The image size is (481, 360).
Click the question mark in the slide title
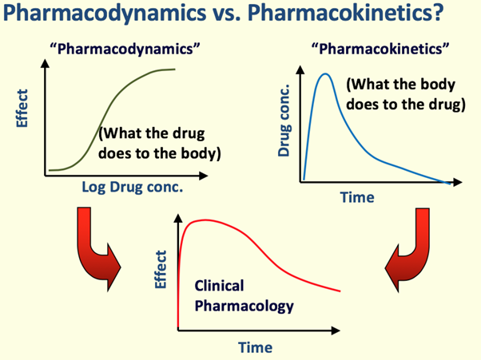(436, 12)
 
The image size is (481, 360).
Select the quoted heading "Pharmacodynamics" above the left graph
(125, 49)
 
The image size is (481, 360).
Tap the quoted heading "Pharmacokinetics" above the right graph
(380, 49)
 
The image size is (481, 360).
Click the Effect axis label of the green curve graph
(22, 108)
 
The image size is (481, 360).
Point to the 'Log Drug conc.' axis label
(132, 188)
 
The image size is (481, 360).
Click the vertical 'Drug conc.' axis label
(284, 121)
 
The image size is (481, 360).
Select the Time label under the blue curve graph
(357, 197)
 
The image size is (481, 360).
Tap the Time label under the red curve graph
(255, 347)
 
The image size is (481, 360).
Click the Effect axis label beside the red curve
(161, 270)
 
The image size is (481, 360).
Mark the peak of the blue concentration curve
(326, 74)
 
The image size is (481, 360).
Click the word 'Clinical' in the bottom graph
(220, 286)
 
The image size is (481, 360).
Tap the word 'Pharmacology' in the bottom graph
(244, 306)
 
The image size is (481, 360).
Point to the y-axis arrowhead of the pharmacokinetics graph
(300, 70)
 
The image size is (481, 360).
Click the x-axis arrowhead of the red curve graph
(336, 330)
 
